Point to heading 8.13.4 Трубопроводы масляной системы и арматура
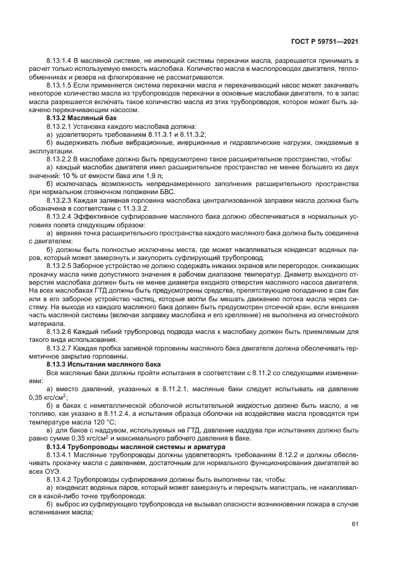click(130, 445)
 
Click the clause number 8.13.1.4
click(59, 62)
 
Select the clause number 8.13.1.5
click(59, 86)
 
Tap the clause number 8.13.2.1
click(59, 126)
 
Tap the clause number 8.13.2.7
click(59, 349)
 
